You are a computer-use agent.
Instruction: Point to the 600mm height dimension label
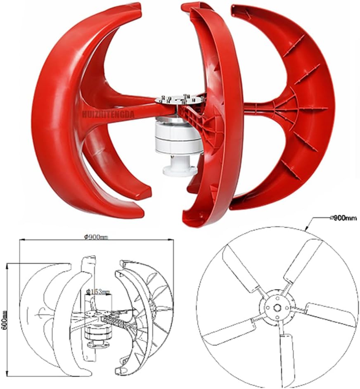click(4, 318)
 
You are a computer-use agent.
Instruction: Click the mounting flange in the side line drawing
click(96, 345)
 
